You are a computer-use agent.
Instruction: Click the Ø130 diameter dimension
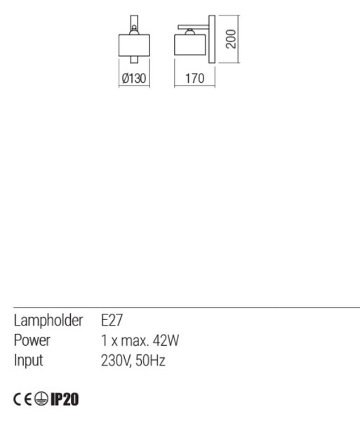point(134,79)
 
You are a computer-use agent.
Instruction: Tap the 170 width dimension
point(195,79)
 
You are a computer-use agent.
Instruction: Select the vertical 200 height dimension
point(231,39)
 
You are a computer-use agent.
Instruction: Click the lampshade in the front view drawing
point(134,45)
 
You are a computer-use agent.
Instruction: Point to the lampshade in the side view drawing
point(189,45)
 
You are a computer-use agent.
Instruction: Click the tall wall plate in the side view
point(212,39)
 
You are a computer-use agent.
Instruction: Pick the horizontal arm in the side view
point(193,27)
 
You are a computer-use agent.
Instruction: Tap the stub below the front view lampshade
point(134,60)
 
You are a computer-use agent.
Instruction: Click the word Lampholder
point(48,321)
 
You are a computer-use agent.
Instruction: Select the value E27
point(112,321)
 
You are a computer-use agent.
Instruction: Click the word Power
point(32,340)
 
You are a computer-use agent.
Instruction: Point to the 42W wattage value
point(166,340)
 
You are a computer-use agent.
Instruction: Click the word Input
point(28,361)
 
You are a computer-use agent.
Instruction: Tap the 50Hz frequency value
point(150,361)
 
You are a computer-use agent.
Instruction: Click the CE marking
point(22,399)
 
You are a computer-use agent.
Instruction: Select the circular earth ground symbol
point(41,399)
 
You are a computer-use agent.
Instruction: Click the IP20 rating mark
point(65,399)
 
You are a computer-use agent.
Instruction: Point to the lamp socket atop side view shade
point(189,32)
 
